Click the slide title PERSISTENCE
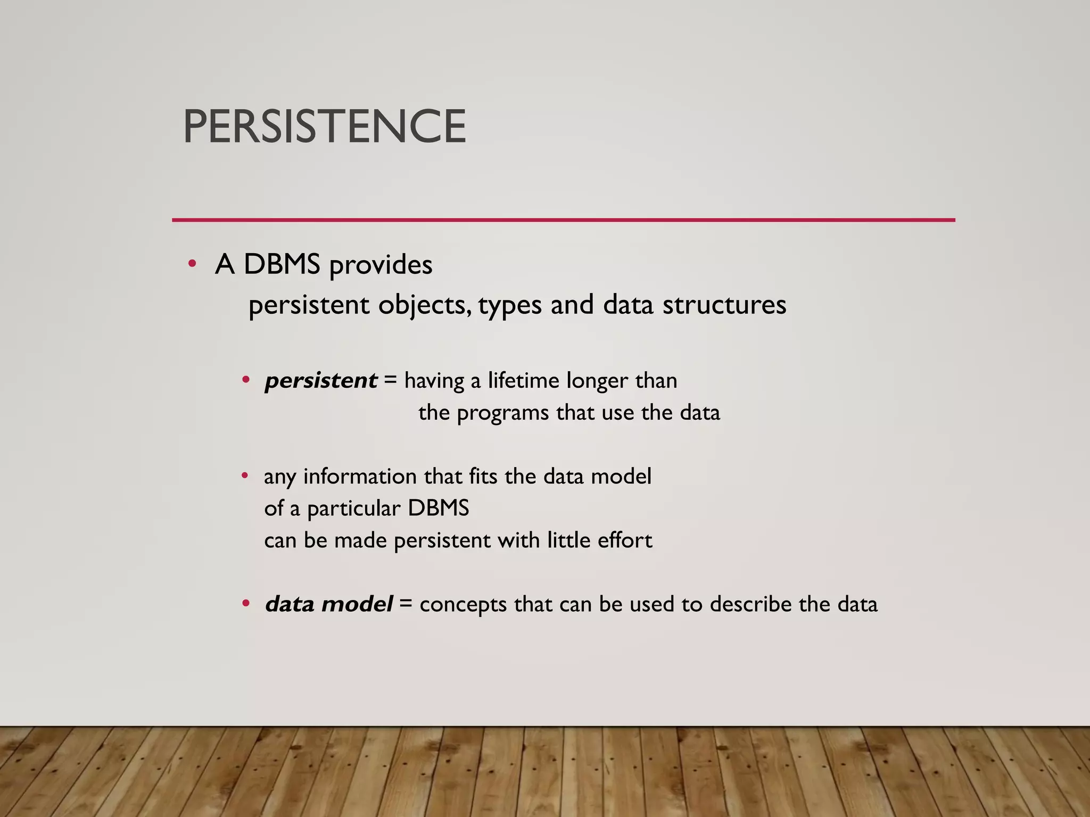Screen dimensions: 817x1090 324,126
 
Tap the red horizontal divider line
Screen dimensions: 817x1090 563,220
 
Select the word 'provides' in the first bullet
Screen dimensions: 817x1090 381,265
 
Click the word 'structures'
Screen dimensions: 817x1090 724,305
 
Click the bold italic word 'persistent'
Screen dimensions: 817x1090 321,381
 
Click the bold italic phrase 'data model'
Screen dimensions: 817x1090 329,604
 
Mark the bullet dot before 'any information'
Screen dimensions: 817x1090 245,476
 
